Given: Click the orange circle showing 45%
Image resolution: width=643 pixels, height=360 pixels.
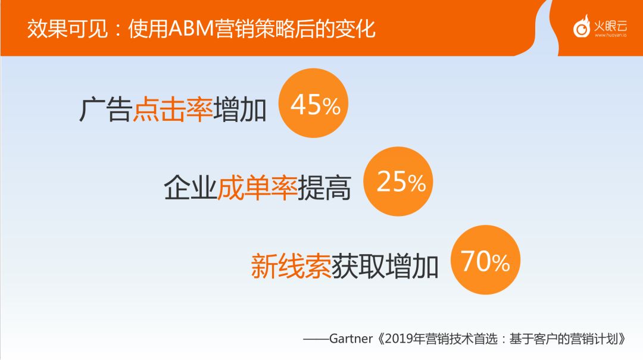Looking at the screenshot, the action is (x=313, y=103).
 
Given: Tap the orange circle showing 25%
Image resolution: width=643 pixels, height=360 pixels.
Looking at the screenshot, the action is (x=398, y=181).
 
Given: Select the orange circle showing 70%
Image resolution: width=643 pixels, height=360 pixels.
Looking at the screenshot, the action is (x=485, y=259).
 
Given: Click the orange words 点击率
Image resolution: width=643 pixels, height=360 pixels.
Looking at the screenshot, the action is (x=173, y=109).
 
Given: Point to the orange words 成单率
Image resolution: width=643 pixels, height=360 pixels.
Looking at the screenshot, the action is (x=257, y=188).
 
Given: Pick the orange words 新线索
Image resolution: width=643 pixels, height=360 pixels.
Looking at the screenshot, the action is (x=291, y=266).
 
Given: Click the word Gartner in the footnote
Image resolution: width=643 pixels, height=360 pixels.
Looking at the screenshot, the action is (x=351, y=339).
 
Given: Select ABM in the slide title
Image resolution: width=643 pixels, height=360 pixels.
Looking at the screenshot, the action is (x=192, y=29).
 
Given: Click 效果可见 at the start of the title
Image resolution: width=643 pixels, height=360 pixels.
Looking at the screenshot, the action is (x=67, y=29).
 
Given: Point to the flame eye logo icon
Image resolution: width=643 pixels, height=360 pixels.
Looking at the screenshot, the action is (x=582, y=27).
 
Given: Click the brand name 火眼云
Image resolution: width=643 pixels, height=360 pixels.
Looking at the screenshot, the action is (x=610, y=26).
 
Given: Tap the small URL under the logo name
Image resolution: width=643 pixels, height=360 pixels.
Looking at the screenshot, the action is (x=611, y=35).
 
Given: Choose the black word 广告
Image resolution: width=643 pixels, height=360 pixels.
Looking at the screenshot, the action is (x=105, y=109).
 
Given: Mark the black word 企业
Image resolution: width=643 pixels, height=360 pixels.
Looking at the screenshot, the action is (x=191, y=188).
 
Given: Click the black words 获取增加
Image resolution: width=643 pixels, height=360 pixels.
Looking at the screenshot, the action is (x=385, y=266).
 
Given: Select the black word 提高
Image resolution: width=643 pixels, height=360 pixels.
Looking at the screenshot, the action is (x=324, y=188).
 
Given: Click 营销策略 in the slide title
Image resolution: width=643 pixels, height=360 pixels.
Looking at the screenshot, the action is (x=255, y=29).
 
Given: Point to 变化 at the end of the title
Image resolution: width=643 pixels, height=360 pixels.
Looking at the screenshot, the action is (x=355, y=29).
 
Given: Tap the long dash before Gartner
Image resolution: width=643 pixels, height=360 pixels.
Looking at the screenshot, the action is (x=316, y=339).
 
